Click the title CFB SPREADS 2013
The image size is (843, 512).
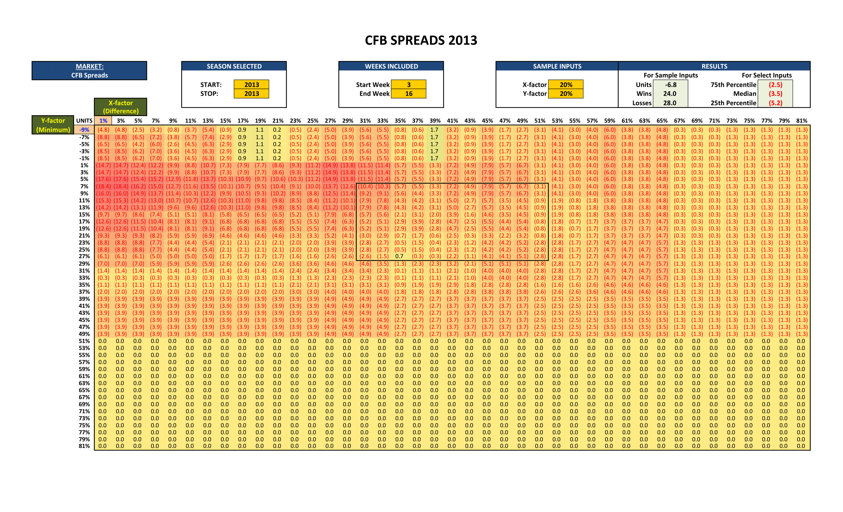tap(421, 40)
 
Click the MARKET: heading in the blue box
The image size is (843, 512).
tap(89, 66)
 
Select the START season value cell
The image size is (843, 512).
tap(251, 85)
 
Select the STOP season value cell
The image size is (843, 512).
tap(251, 94)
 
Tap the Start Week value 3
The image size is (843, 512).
tap(409, 85)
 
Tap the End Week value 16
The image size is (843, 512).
tap(409, 94)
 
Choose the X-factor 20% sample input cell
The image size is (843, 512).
tap(566, 85)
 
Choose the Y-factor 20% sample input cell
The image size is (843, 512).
tap(566, 94)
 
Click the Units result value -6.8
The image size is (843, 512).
tap(670, 85)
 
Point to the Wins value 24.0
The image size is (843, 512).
tap(670, 94)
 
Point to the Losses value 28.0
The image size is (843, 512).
tap(670, 103)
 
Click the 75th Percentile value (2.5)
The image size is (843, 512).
tap(775, 85)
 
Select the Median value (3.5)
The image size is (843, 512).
tap(775, 94)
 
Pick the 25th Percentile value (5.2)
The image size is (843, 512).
tap(775, 103)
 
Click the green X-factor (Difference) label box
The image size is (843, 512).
tap(120, 107)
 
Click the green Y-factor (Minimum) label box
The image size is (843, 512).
tap(53, 125)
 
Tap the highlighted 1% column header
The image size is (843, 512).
tap(103, 121)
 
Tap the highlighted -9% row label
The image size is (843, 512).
tap(84, 130)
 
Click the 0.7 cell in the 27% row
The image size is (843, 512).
tap(399, 256)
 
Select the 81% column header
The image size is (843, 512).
tap(801, 121)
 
